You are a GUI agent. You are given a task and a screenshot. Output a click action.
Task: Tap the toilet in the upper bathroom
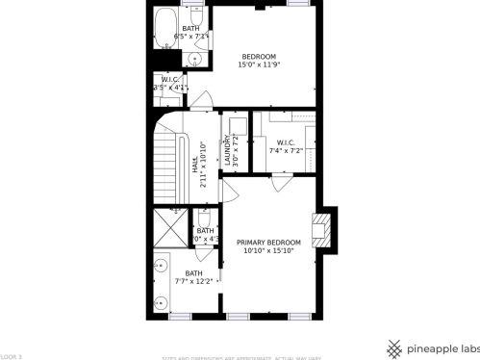point(196,20)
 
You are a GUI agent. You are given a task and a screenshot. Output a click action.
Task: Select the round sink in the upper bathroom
point(195,59)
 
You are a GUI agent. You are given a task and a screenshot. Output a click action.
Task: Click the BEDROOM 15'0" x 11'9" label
point(259,61)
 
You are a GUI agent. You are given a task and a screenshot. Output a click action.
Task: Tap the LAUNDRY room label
point(229,154)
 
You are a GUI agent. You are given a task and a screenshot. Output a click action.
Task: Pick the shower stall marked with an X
point(171,228)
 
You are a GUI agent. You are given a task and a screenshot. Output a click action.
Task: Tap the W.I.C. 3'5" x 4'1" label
point(170,84)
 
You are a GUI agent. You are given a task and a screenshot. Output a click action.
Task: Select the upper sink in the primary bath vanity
point(161,264)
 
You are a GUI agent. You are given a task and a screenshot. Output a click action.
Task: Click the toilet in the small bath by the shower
point(204,216)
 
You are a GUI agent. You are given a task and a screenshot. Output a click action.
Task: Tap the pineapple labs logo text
point(442,348)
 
